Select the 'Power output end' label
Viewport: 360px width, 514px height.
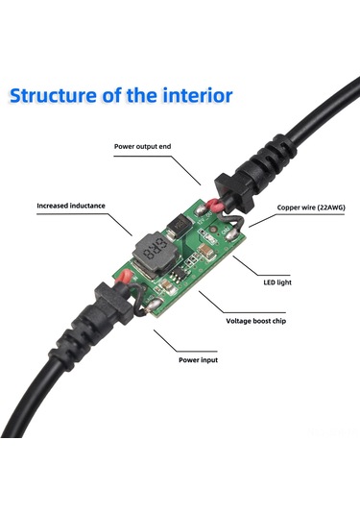tap(143, 147)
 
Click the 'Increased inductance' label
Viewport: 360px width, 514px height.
tap(71, 205)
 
